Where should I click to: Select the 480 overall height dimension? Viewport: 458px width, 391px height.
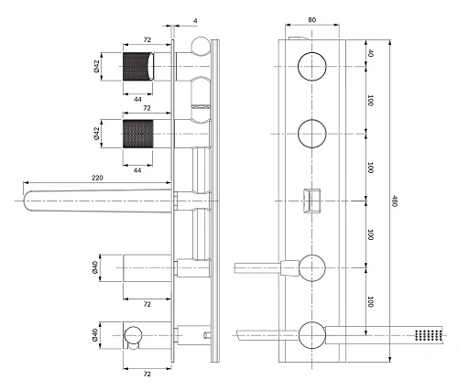tap(395, 202)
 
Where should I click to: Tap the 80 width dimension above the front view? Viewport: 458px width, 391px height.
tap(312, 17)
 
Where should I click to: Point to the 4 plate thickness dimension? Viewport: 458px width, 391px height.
tap(197, 17)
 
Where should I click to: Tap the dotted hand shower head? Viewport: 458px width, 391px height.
tap(424, 336)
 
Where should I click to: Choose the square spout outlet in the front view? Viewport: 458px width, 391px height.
tap(312, 198)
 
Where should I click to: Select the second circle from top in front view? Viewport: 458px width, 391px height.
tap(312, 131)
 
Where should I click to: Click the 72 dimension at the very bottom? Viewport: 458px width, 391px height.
tap(137, 374)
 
